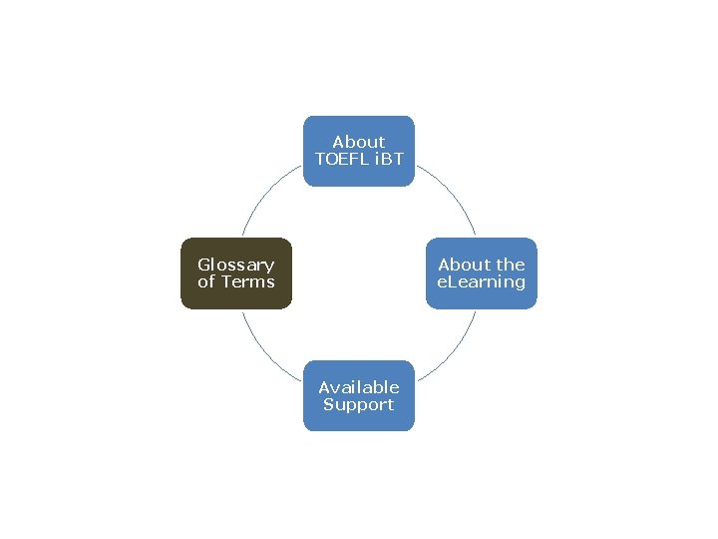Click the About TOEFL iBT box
click(x=358, y=151)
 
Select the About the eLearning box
click(x=482, y=273)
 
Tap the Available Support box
click(x=358, y=395)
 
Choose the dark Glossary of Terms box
click(x=236, y=273)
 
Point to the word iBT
click(x=387, y=160)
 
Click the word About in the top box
click(x=358, y=143)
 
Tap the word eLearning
click(x=482, y=282)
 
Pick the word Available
click(x=358, y=387)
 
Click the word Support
click(x=358, y=404)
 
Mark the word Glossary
click(x=236, y=265)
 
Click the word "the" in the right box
click(x=510, y=265)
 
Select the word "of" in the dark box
click(x=206, y=282)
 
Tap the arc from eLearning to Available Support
click(x=454, y=350)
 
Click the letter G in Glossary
click(x=203, y=265)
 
